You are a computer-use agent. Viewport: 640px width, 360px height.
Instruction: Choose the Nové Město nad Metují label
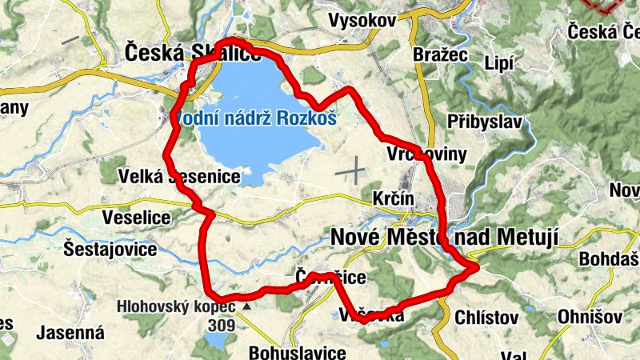443,237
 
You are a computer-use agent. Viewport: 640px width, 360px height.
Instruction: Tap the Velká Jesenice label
178,177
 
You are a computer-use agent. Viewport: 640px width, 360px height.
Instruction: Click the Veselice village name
137,217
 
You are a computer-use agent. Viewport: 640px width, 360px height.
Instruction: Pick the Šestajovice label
110,249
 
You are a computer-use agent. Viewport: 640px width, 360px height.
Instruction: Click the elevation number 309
220,326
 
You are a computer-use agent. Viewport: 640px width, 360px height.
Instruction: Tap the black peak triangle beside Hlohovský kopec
246,306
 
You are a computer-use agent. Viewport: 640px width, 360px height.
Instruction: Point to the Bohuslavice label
297,352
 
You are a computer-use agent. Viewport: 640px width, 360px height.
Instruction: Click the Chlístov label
486,318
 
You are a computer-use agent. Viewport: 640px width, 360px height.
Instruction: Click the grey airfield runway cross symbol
350,170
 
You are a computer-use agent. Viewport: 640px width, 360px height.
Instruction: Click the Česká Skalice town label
192,54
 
